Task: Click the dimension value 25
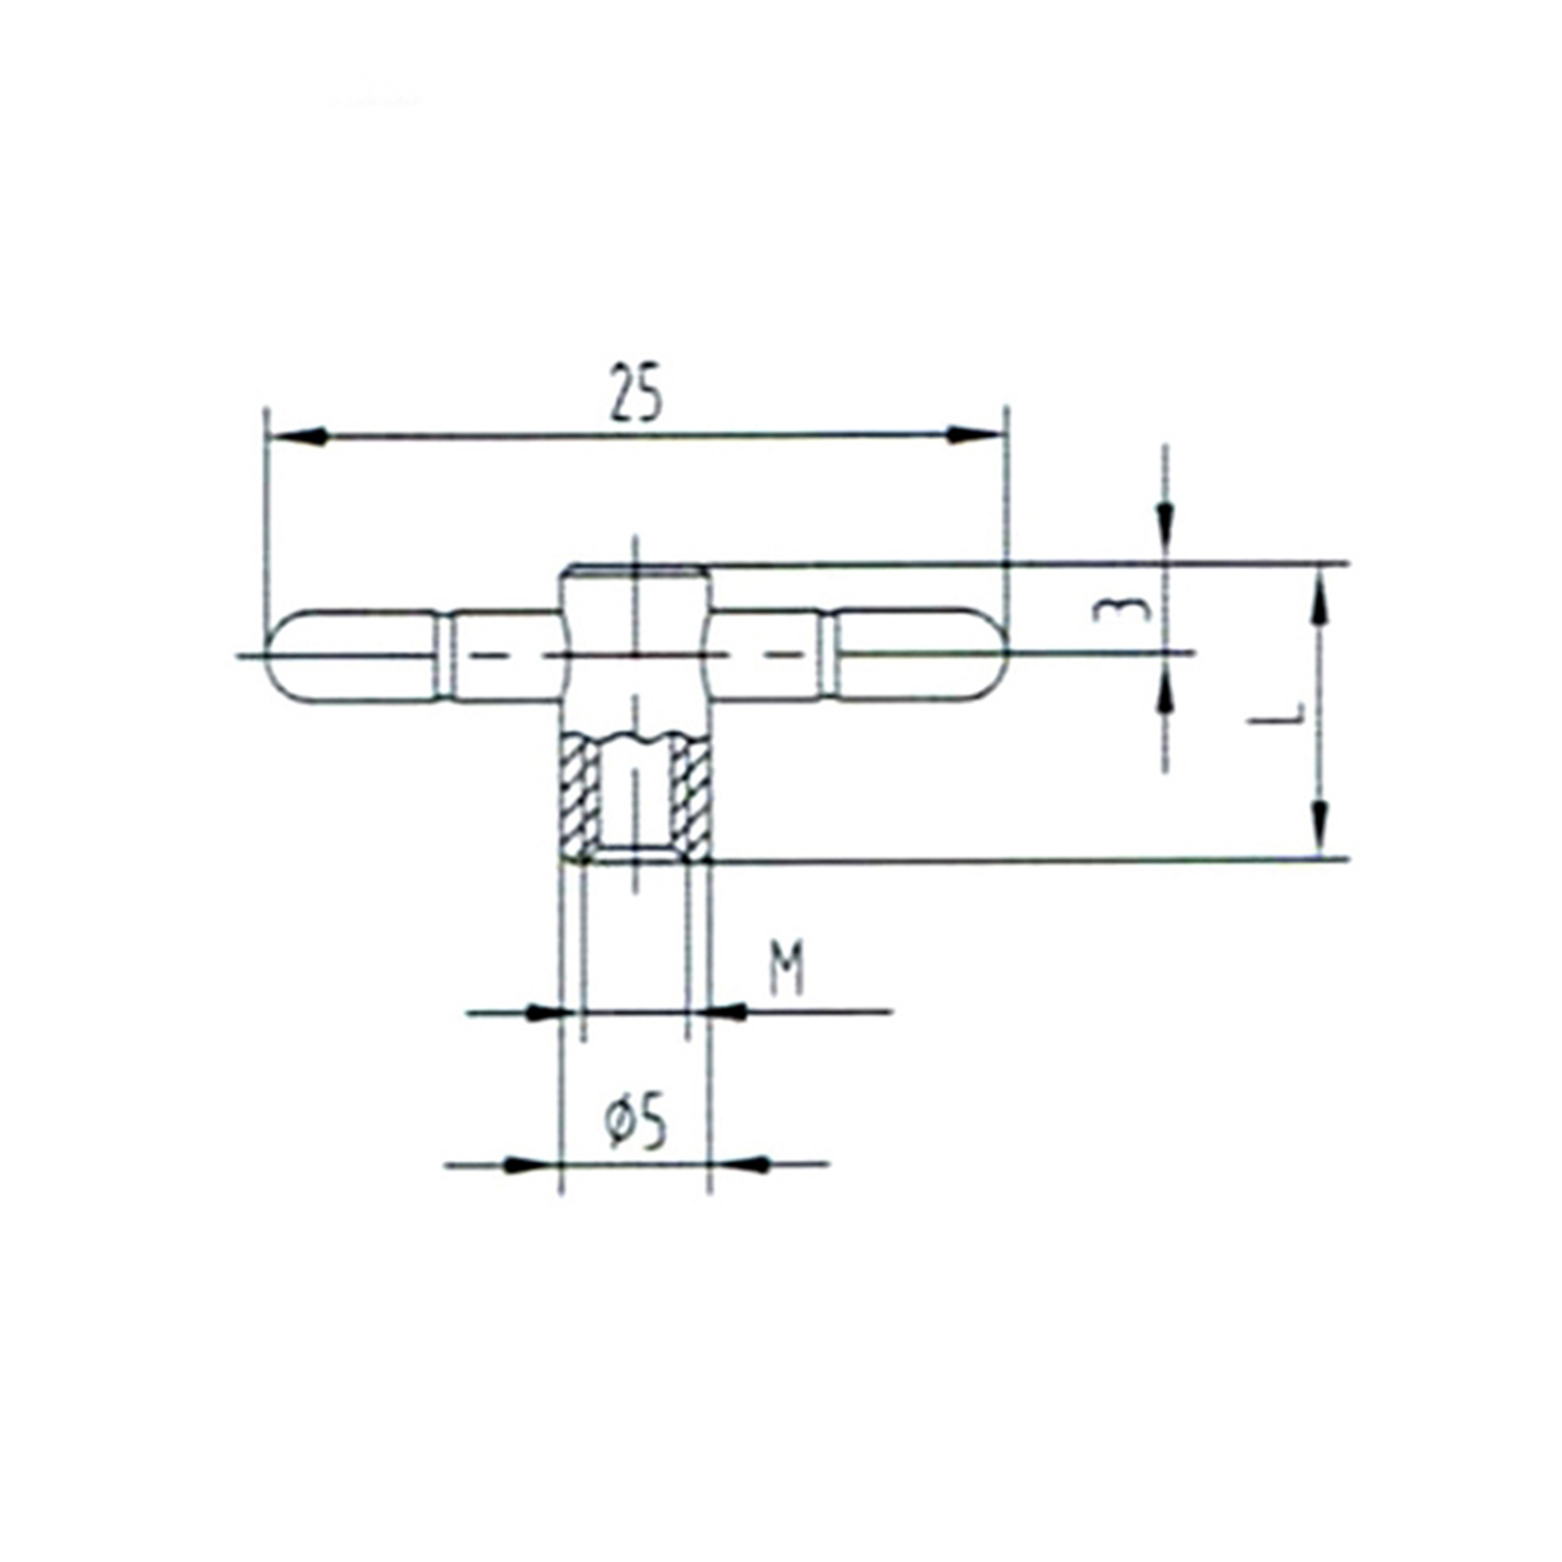click(636, 392)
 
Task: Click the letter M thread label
click(786, 967)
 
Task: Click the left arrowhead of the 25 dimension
click(296, 436)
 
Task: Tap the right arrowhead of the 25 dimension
click(976, 435)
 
